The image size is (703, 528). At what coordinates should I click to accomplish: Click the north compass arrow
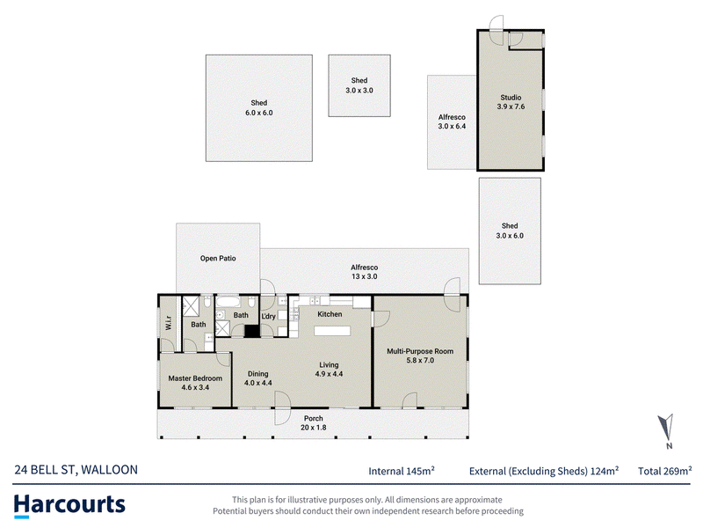[x=666, y=427]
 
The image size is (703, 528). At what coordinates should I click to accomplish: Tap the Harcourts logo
[x=69, y=505]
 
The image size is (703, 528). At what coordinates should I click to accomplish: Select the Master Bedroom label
[x=195, y=378]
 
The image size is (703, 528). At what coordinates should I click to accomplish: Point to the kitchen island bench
[x=332, y=331]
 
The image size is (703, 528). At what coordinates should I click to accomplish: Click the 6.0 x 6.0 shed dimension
[x=258, y=113]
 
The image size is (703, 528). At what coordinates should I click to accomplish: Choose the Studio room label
[x=511, y=97]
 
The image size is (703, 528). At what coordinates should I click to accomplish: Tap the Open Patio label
[x=218, y=258]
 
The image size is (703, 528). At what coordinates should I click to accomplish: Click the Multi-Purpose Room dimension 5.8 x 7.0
[x=420, y=360]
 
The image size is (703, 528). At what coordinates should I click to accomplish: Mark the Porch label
[x=314, y=418]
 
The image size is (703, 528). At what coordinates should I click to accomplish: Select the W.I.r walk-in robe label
[x=169, y=323]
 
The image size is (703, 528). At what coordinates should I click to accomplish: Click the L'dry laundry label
[x=268, y=316]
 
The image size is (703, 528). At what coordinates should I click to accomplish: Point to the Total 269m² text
[x=665, y=471]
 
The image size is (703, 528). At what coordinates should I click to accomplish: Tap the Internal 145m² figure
[x=402, y=471]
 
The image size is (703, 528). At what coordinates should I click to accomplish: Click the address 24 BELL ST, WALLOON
[x=76, y=470]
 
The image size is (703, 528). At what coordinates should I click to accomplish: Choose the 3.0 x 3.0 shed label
[x=359, y=91]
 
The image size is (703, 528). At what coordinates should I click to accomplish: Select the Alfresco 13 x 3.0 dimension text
[x=364, y=276]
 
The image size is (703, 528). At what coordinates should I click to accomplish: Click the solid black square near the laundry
[x=252, y=331]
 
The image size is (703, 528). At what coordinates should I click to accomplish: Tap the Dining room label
[x=257, y=373]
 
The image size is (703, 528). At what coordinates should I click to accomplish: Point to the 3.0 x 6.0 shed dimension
[x=510, y=236]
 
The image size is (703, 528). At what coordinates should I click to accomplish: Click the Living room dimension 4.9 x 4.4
[x=329, y=373]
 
